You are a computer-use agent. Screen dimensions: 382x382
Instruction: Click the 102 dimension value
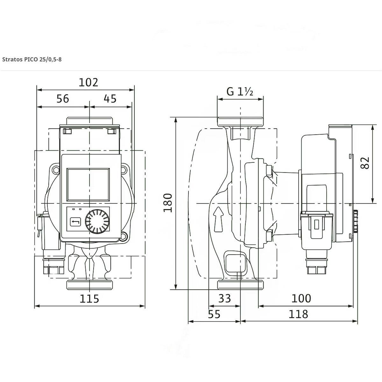tap(88, 82)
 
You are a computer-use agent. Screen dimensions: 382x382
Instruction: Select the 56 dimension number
tap(63, 99)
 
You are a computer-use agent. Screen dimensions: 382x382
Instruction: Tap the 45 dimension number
tap(110, 99)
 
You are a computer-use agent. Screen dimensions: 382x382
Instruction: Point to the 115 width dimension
tap(89, 299)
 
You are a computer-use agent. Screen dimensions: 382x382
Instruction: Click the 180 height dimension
tap(168, 203)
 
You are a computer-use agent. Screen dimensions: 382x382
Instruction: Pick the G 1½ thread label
tap(240, 92)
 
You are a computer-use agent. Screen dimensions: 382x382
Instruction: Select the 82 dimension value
tap(365, 163)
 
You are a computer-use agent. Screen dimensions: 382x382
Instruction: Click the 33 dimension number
tap(225, 298)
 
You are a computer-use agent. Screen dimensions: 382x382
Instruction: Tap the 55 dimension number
tap(214, 314)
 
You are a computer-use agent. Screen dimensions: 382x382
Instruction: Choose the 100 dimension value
tap(301, 298)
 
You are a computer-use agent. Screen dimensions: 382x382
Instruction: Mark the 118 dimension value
tap(298, 314)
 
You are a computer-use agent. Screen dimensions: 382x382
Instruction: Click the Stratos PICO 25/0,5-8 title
tap(32, 60)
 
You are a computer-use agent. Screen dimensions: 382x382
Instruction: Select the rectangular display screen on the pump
tap(88, 185)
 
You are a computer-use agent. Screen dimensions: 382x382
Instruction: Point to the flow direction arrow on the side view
tap(218, 219)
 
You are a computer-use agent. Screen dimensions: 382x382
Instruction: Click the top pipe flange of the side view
tap(240, 122)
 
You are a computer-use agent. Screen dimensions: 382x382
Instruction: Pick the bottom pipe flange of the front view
tap(89, 285)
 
